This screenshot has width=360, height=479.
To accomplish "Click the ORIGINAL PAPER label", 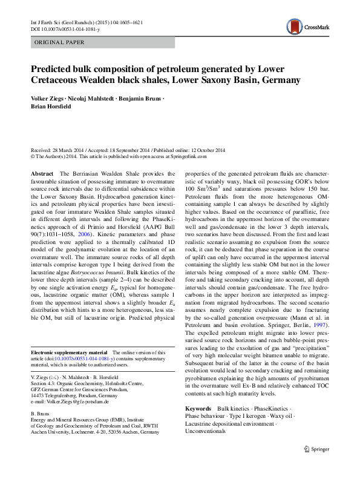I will (59, 42).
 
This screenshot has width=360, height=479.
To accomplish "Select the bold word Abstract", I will (42, 174).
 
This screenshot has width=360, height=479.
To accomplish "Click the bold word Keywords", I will (198, 410).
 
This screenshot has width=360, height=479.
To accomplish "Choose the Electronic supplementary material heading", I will (68, 352).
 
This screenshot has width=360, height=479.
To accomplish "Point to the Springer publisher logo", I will (316, 449).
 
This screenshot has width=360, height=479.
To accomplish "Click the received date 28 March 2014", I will (72, 149).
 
